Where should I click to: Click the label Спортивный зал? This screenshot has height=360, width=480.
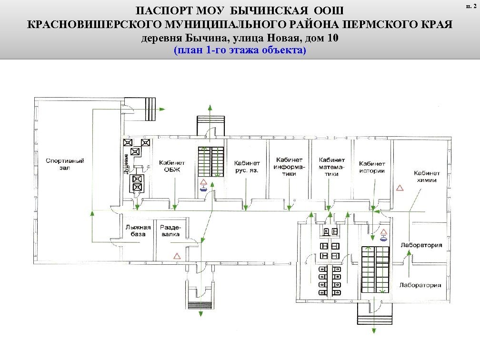65,164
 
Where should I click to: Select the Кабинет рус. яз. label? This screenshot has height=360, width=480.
247,166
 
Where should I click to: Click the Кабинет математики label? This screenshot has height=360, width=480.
332,167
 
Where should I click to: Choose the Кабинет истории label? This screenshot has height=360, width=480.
372,167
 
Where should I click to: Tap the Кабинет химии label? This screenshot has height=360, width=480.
427,177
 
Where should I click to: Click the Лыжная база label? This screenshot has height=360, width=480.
138,230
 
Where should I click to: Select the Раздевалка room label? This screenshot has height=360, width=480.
170,230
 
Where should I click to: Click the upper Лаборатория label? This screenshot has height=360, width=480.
421,245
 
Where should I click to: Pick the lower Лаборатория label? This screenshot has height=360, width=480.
420,285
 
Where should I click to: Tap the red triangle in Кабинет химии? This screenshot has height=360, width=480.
400,188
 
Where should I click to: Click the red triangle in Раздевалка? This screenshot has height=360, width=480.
177,255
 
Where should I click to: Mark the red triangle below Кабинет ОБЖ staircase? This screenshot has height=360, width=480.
203,182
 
